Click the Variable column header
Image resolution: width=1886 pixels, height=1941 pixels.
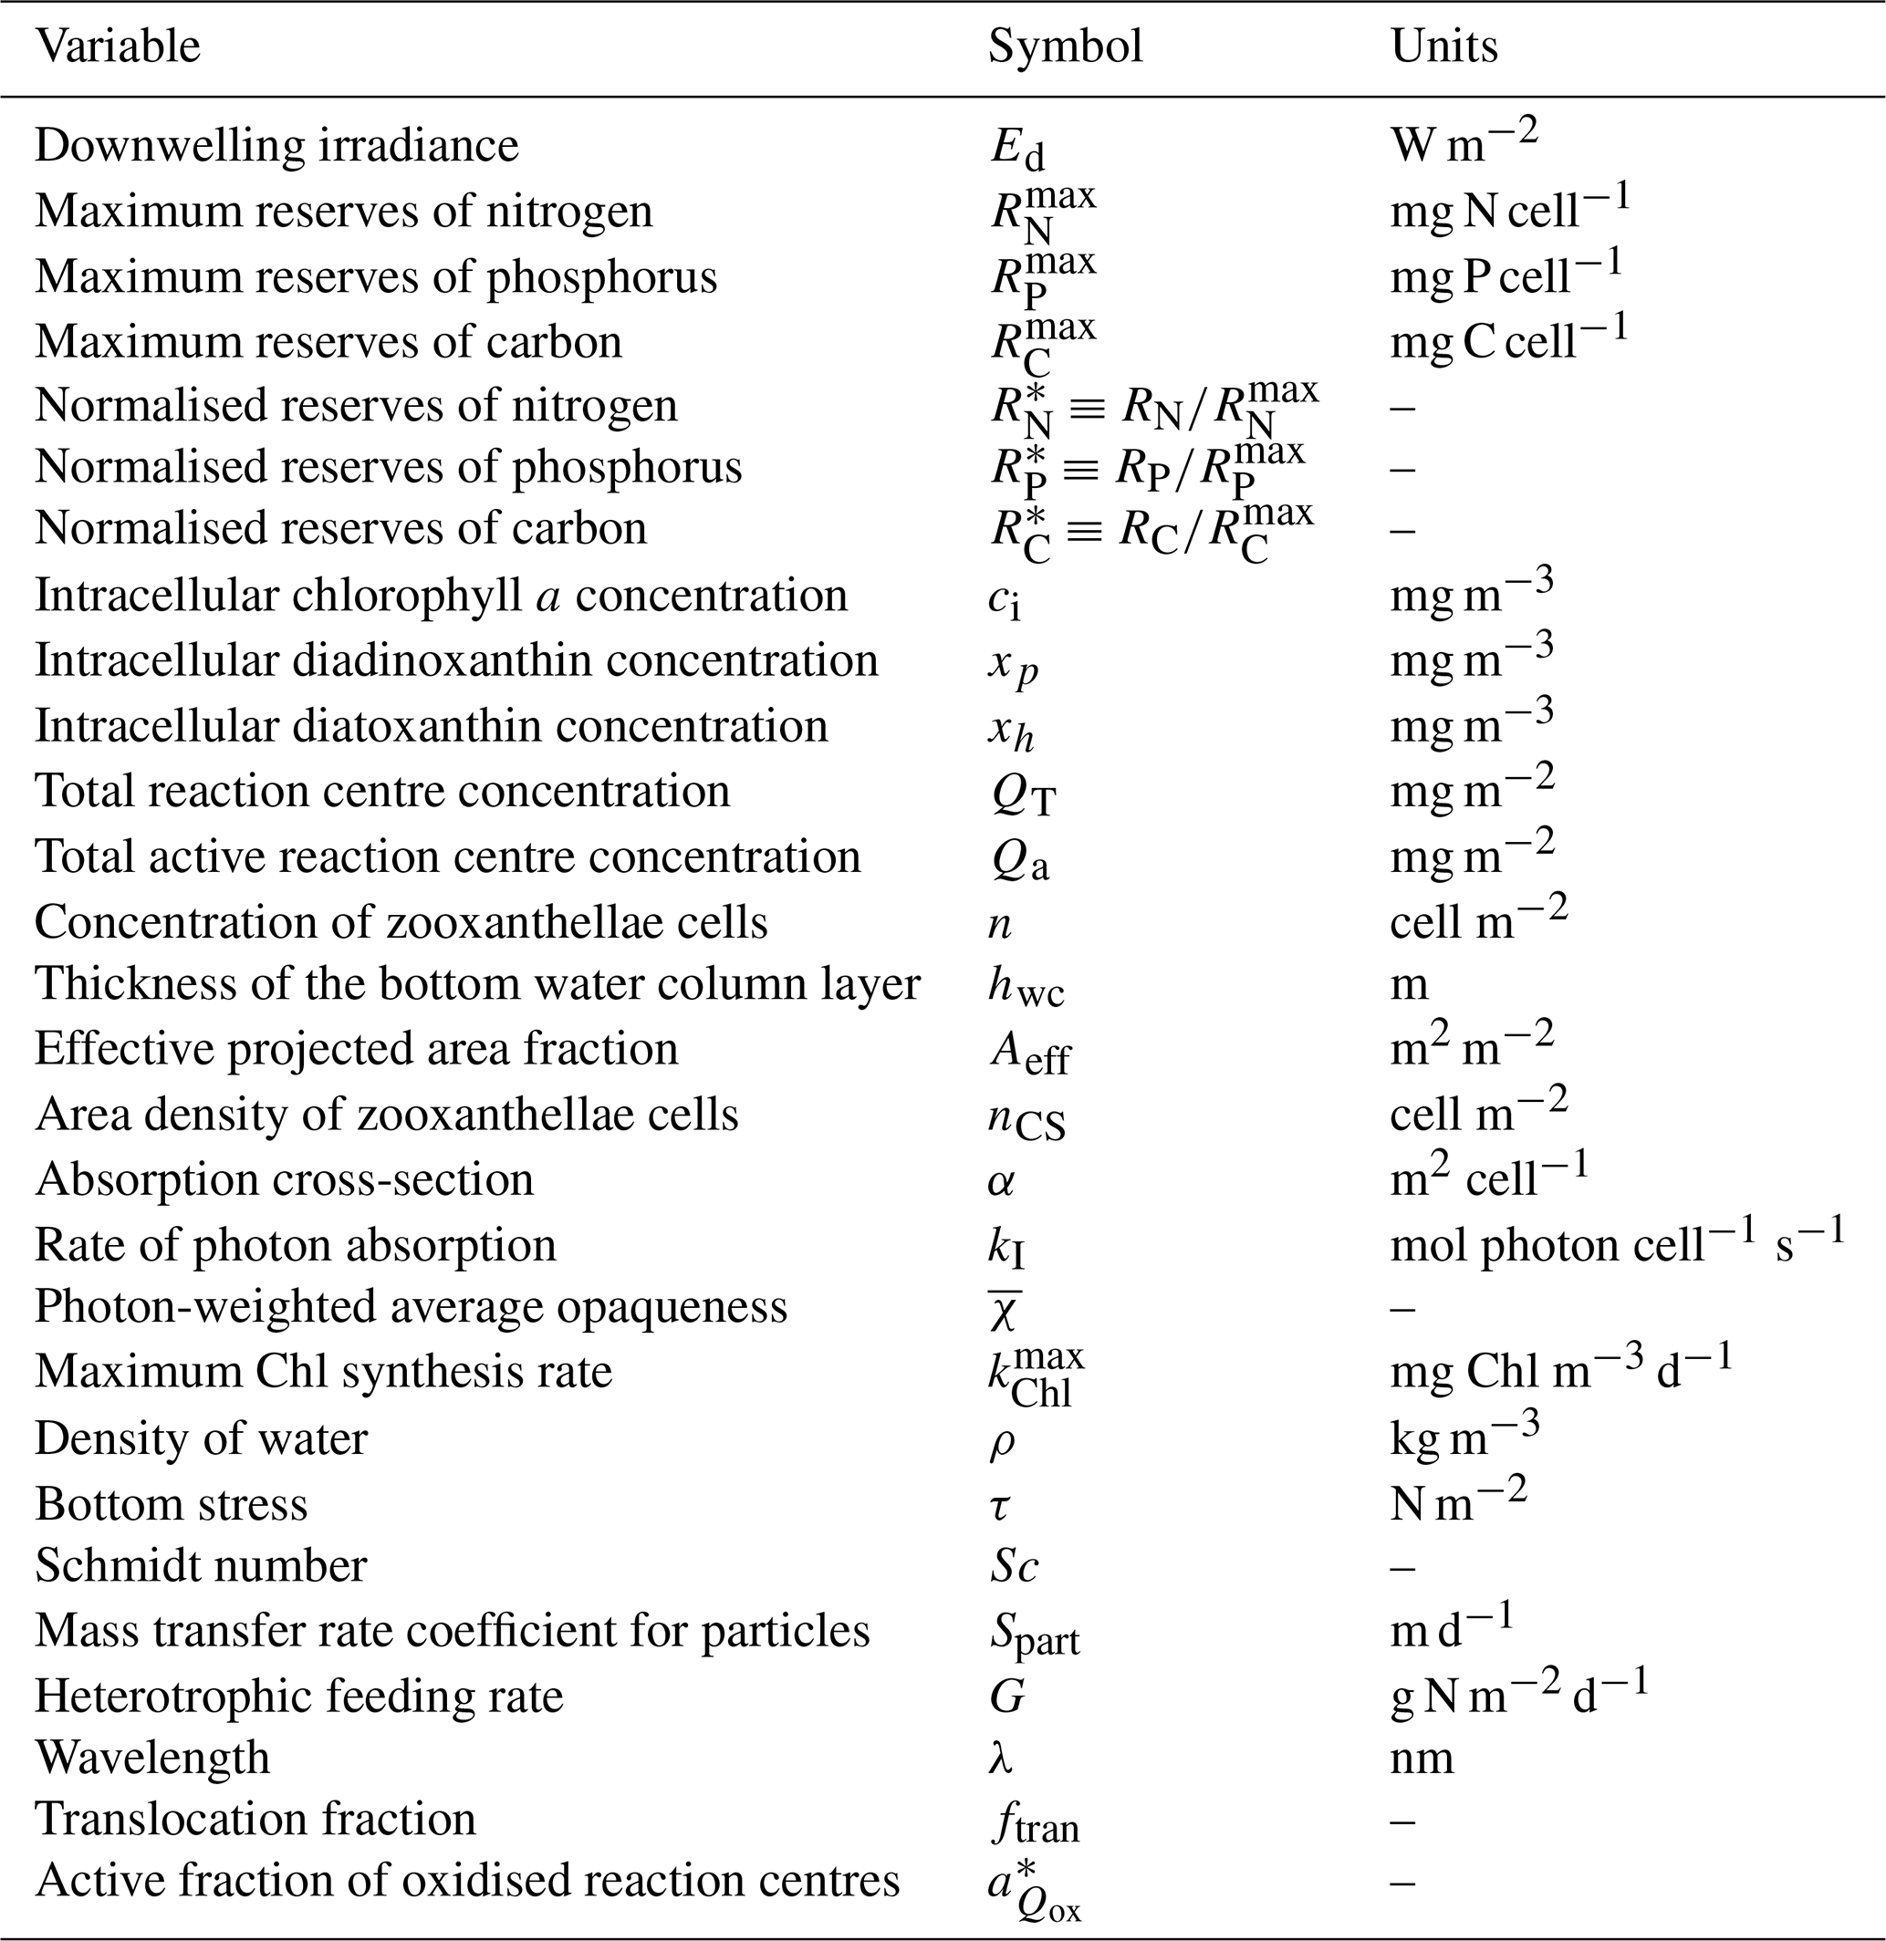tap(118, 47)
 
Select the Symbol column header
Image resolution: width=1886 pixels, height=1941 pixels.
tap(1065, 47)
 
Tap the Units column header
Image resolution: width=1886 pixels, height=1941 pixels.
tap(1443, 47)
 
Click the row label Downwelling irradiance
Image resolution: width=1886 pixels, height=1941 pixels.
tap(276, 146)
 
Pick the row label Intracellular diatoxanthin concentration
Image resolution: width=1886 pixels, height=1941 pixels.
tap(431, 726)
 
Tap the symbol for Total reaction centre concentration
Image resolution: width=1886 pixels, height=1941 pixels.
tap(1023, 794)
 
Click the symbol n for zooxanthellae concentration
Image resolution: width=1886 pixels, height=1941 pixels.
tap(999, 924)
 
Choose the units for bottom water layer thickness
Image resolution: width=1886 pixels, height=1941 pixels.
tap(1409, 985)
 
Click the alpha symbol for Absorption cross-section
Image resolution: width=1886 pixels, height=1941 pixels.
tap(1000, 1181)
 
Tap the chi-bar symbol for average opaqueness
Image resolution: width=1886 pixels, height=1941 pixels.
tap(1005, 1310)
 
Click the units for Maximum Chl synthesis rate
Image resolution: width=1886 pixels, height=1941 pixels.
tap(1561, 1372)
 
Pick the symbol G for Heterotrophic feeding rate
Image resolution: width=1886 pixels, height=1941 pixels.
tap(1006, 1697)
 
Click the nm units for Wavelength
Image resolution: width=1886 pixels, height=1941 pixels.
tap(1422, 1758)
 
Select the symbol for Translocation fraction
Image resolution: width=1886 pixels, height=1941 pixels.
tap(1034, 1822)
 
